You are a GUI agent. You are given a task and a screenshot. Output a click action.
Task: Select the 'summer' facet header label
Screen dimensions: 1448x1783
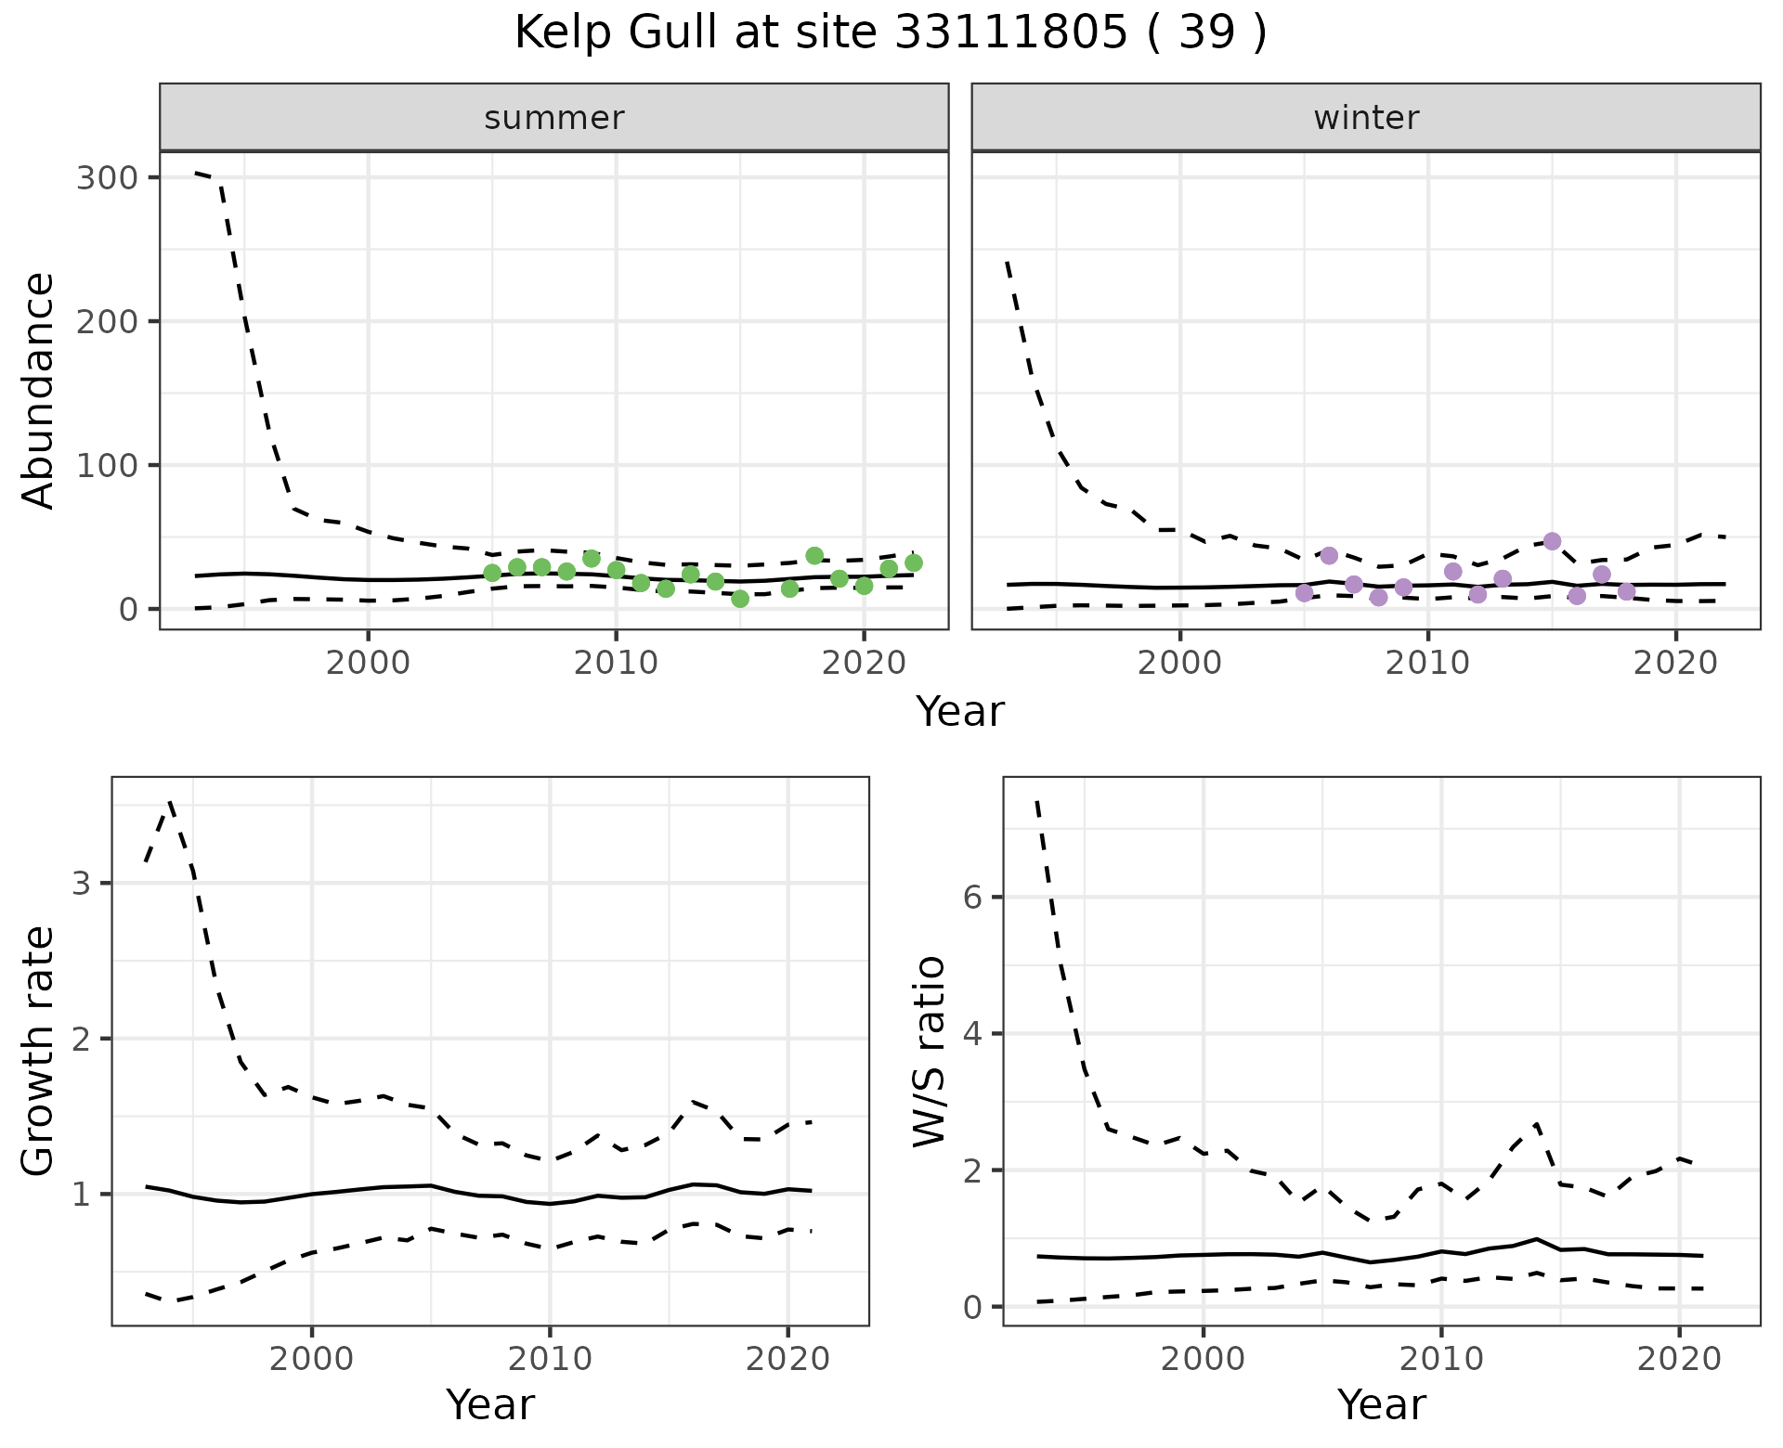554,118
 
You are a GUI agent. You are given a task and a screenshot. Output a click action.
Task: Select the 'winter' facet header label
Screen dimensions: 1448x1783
1366,118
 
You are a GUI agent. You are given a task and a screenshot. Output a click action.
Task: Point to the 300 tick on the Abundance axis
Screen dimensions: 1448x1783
106,177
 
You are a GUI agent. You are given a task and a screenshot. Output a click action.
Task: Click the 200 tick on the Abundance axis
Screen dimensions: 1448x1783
106,321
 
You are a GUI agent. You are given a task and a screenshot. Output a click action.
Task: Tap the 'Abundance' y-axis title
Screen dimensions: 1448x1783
39,391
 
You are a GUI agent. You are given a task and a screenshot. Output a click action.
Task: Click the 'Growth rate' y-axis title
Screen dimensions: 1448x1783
39,1052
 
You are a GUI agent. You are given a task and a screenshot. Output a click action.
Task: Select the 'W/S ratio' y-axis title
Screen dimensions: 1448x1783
930,1052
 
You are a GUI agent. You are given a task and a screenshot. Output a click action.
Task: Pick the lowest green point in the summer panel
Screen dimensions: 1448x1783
740,599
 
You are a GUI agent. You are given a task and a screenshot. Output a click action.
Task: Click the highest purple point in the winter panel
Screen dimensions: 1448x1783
1552,541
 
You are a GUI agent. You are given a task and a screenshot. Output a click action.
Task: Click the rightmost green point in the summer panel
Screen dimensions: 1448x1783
914,562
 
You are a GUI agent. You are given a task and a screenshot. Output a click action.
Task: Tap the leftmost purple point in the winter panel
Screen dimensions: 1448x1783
1304,593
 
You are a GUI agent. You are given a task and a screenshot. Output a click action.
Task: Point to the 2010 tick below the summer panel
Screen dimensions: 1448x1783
616,664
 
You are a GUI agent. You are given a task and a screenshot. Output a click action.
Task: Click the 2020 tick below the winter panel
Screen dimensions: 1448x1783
1676,664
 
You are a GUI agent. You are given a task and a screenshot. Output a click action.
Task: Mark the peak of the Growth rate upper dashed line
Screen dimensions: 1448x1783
170,801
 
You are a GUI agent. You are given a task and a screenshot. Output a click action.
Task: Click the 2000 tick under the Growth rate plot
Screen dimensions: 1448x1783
312,1360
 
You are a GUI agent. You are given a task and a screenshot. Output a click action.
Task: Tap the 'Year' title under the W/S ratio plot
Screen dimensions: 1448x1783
1381,1405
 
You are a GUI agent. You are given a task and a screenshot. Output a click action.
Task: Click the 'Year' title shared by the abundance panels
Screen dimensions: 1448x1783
960,712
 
